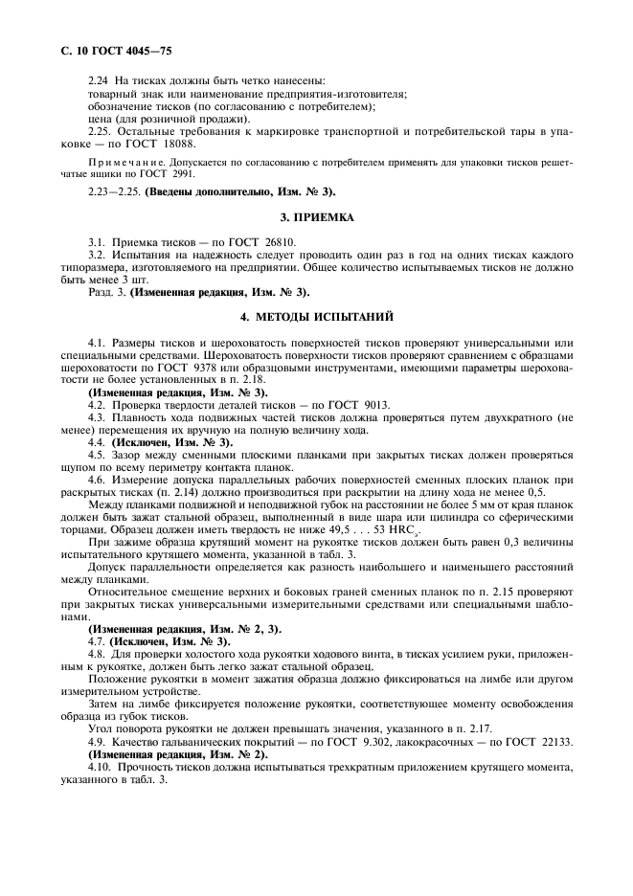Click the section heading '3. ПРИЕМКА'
click(316, 217)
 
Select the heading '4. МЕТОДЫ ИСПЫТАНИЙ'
click(316, 316)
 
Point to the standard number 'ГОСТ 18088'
click(161, 143)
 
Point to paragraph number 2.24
click(99, 80)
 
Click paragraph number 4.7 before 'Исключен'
click(98, 640)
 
